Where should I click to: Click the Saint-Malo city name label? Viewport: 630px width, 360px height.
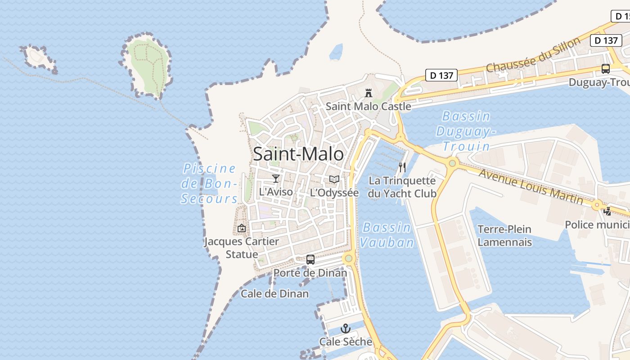pyautogui.click(x=298, y=154)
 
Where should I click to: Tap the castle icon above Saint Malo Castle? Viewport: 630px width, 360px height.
pyautogui.click(x=369, y=93)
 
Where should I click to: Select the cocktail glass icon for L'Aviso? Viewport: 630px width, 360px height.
pyautogui.click(x=276, y=179)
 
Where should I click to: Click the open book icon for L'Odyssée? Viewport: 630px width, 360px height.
pyautogui.click(x=334, y=180)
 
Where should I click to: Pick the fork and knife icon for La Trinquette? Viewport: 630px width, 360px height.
pyautogui.click(x=402, y=167)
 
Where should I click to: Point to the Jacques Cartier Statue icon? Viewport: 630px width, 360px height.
pyautogui.click(x=242, y=228)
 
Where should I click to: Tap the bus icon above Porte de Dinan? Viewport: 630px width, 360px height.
pyautogui.click(x=310, y=259)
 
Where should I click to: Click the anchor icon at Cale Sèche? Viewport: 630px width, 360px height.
pyautogui.click(x=346, y=328)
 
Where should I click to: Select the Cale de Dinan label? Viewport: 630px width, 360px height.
pyautogui.click(x=274, y=294)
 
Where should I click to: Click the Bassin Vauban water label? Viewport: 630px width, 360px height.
pyautogui.click(x=387, y=235)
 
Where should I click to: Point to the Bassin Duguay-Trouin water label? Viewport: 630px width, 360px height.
pyautogui.click(x=466, y=131)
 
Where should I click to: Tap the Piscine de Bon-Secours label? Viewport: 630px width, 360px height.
pyautogui.click(x=209, y=183)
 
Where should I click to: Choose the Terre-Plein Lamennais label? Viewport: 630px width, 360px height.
pyautogui.click(x=504, y=235)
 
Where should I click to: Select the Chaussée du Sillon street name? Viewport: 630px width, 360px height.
pyautogui.click(x=534, y=55)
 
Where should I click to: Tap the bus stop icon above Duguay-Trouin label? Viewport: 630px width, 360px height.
pyautogui.click(x=606, y=69)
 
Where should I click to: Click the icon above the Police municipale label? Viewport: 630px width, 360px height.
pyautogui.click(x=607, y=211)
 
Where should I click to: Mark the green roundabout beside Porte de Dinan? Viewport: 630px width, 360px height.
pyautogui.click(x=348, y=259)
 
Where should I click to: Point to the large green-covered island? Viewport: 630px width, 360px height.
pyautogui.click(x=148, y=65)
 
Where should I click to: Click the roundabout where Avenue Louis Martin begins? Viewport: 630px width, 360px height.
pyautogui.click(x=452, y=163)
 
